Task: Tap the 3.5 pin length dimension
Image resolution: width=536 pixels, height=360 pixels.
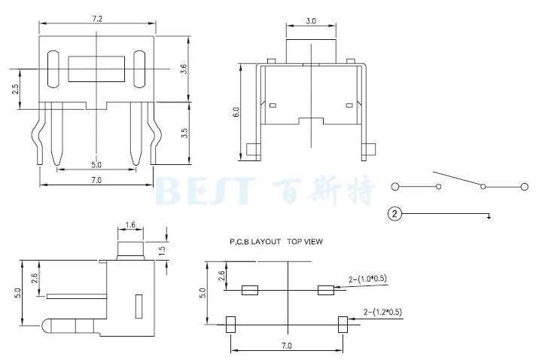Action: [x=184, y=134]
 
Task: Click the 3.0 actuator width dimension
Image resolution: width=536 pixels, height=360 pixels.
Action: [x=309, y=23]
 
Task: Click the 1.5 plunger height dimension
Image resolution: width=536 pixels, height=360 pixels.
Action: [x=162, y=250]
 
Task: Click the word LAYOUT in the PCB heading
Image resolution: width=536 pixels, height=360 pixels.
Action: [x=268, y=243]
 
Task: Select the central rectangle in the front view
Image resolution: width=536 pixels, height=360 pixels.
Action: [x=96, y=69]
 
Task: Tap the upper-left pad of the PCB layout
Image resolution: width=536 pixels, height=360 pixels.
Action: [x=249, y=290]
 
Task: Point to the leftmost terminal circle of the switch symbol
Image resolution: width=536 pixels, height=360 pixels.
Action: [x=395, y=186]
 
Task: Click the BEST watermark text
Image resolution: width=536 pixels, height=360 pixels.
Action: [x=204, y=191]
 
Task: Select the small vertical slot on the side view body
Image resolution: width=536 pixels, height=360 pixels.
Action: [x=138, y=307]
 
